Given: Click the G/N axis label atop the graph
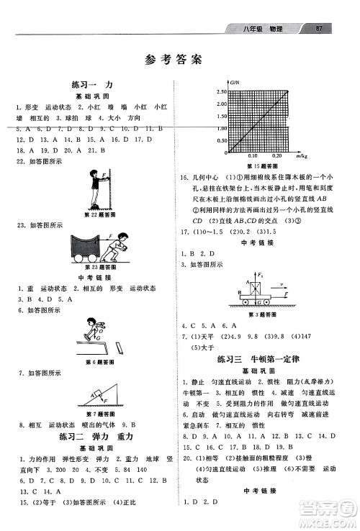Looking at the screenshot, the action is (x=223, y=84).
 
